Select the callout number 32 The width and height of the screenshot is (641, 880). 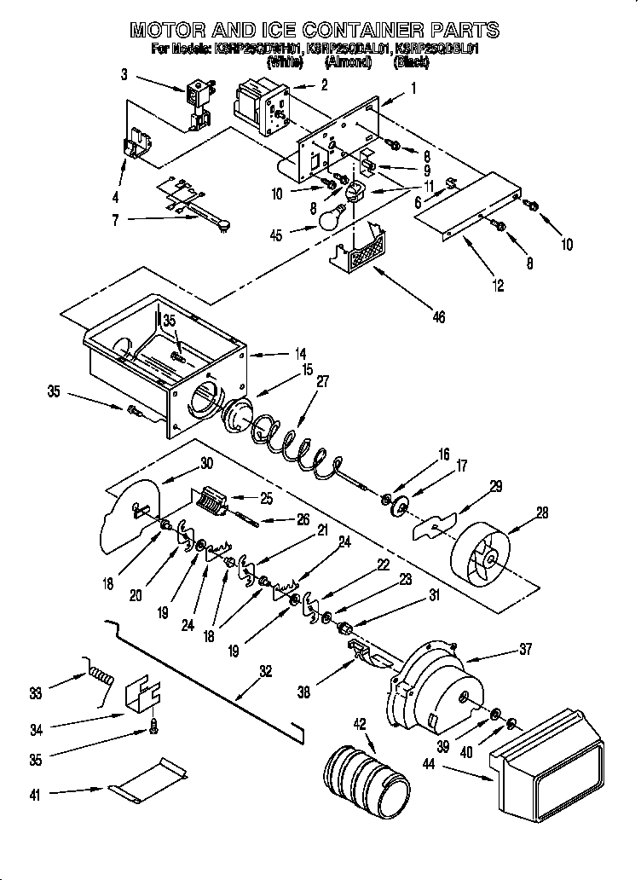pyautogui.click(x=265, y=670)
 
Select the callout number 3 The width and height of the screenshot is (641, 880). pyautogui.click(x=124, y=75)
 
